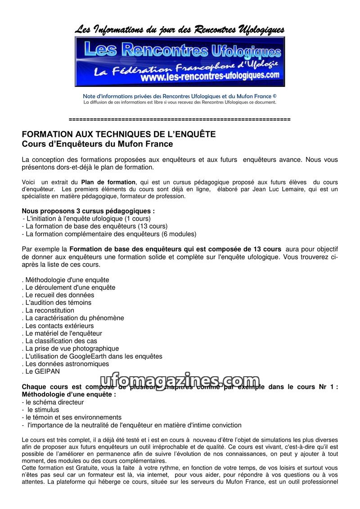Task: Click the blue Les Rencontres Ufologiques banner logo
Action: coord(180,61)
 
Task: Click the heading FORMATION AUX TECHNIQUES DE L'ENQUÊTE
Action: coord(119,135)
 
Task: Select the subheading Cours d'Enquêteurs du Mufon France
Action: coord(97,144)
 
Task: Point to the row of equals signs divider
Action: coord(180,119)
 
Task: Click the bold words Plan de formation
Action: coord(108,182)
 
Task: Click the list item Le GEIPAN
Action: coord(42,371)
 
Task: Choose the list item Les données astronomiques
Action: coord(67,364)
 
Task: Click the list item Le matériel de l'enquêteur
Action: coord(63,333)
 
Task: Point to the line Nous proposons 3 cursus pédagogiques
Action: coord(88,211)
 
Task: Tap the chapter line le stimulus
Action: coord(43,410)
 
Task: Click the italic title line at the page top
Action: coord(180,30)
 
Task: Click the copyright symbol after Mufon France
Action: coord(274,96)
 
